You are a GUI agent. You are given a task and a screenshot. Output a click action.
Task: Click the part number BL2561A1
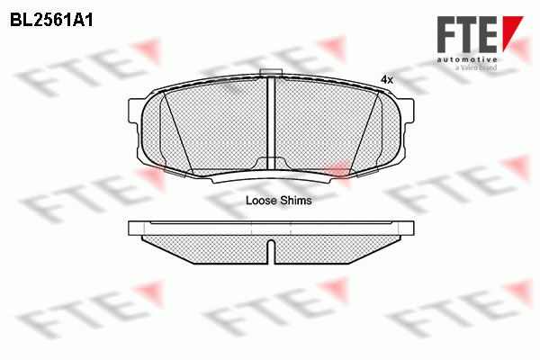51,21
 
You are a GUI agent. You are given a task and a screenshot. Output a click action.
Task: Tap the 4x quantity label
386,80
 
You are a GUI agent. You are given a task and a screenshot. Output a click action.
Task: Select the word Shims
295,201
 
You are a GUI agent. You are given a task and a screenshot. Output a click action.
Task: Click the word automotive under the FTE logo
467,60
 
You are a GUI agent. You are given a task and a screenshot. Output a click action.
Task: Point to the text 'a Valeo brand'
476,67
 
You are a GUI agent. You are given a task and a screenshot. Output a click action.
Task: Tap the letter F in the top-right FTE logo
446,34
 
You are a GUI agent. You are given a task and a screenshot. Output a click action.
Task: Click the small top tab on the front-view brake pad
271,72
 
